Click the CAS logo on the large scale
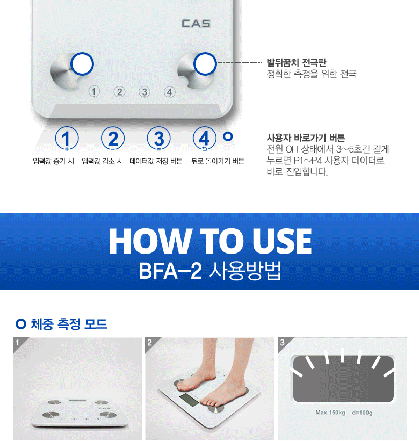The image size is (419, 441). tap(196, 24)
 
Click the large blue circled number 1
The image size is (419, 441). tap(67, 139)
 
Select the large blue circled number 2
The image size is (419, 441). tap(113, 139)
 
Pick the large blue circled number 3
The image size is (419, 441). tap(158, 139)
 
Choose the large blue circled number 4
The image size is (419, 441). tap(205, 139)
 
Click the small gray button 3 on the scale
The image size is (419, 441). tap(145, 92)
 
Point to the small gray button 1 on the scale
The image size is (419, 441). tap(94, 92)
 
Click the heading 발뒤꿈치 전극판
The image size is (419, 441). tap(296, 62)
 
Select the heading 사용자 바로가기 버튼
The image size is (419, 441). tap(306, 138)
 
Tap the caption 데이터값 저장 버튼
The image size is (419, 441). tap(156, 161)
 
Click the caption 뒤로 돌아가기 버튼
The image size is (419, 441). tap(218, 161)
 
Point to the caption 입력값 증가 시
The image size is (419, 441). tap(53, 161)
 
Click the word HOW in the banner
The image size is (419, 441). tap(149, 241)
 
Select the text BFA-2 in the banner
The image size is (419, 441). tap(170, 271)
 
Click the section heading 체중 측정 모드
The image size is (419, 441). tap(69, 324)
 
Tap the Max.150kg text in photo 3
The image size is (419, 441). tap(330, 413)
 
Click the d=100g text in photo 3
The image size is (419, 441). tap(362, 413)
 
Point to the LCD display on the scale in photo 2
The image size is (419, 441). tap(189, 400)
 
